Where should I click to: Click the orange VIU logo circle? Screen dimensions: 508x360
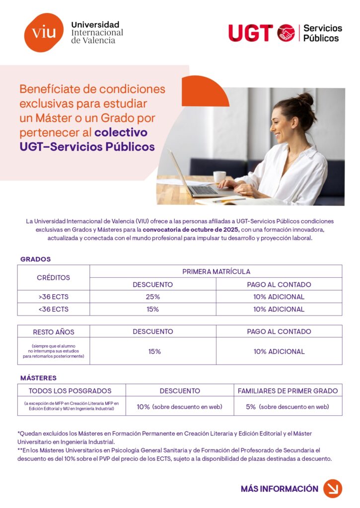pyautogui.click(x=44, y=33)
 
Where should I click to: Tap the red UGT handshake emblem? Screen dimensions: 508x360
pyautogui.click(x=286, y=33)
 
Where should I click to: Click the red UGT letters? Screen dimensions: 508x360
pyautogui.click(x=250, y=33)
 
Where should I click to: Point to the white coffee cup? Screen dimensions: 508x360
pyautogui.click(x=219, y=177)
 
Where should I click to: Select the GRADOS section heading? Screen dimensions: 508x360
pyautogui.click(x=35, y=259)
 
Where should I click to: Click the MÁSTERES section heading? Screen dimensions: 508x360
pyautogui.click(x=38, y=378)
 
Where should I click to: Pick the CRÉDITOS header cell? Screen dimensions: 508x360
pyautogui.click(x=54, y=278)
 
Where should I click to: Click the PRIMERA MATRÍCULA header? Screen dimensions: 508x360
pyautogui.click(x=216, y=271)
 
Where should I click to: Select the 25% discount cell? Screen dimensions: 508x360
pyautogui.click(x=153, y=297)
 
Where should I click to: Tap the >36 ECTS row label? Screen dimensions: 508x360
pyautogui.click(x=54, y=297)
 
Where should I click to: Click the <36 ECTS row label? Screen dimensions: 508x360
pyautogui.click(x=54, y=309)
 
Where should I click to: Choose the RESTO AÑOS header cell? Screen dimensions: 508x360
pyautogui.click(x=54, y=331)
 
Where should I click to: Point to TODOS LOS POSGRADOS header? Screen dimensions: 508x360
pyautogui.click(x=70, y=390)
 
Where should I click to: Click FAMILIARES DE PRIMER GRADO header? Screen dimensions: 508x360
pyautogui.click(x=288, y=390)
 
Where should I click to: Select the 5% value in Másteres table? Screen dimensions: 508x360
pyautogui.click(x=251, y=407)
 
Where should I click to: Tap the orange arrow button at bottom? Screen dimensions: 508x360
pyautogui.click(x=333, y=488)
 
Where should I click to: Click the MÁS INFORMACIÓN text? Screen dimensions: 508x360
pyautogui.click(x=279, y=489)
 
